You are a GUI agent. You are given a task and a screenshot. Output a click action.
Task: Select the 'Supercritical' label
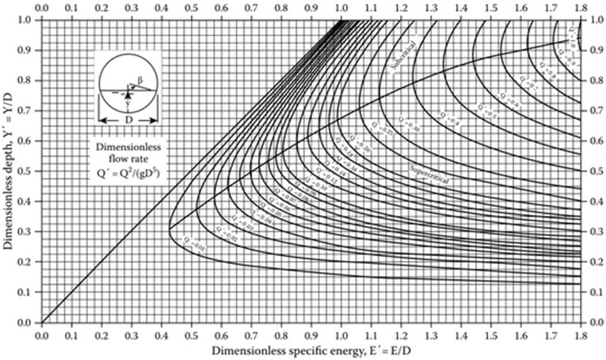pos(430,171)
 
